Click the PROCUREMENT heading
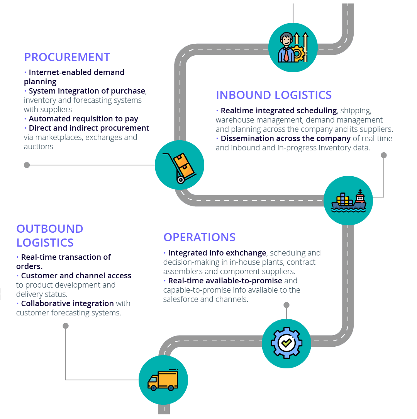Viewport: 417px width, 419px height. [x=67, y=57]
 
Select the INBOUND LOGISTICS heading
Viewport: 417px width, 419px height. [x=273, y=95]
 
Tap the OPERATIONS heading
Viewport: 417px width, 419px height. [x=199, y=237]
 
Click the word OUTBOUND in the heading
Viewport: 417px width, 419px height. [x=50, y=229]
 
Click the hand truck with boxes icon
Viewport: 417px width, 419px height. [x=180, y=165]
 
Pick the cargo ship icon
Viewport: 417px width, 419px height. [x=348, y=201]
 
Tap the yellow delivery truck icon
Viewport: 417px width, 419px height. [x=163, y=380]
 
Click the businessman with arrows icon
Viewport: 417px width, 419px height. [x=293, y=48]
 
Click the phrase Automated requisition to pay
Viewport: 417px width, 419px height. [x=83, y=119]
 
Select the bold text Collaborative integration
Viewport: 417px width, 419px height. [x=67, y=304]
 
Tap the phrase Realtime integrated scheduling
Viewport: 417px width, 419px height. [x=279, y=111]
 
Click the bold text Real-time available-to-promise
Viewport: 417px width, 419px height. [x=225, y=281]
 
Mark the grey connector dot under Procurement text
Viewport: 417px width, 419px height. [x=27, y=165]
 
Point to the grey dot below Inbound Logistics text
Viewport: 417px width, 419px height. [x=384, y=155]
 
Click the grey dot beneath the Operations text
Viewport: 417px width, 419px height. [x=286, y=305]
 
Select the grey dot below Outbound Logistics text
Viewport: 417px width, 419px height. [x=66, y=326]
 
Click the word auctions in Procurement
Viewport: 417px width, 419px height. [x=39, y=147]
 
